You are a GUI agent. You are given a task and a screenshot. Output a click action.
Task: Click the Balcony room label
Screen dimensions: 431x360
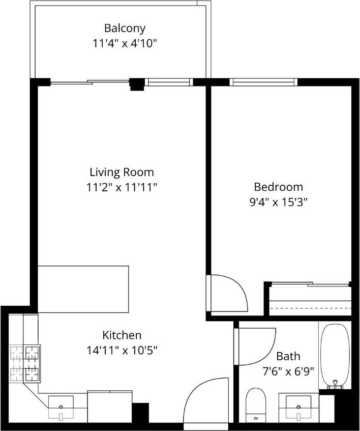pyautogui.click(x=125, y=28)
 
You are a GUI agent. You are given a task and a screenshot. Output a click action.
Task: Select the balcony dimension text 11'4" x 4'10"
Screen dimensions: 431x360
pyautogui.click(x=125, y=43)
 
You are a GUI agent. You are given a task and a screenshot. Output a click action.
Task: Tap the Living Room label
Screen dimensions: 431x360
pyautogui.click(x=122, y=172)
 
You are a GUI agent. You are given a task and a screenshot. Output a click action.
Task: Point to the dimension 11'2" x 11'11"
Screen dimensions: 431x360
pyautogui.click(x=122, y=187)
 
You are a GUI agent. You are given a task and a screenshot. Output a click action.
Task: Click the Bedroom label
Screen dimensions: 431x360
pyautogui.click(x=278, y=187)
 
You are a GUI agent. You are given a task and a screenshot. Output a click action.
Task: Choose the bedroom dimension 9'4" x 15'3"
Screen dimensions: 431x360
pyautogui.click(x=278, y=202)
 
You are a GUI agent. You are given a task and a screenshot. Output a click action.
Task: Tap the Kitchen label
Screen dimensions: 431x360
pyautogui.click(x=122, y=335)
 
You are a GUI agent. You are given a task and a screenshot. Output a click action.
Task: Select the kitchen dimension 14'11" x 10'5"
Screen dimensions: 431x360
pyautogui.click(x=122, y=350)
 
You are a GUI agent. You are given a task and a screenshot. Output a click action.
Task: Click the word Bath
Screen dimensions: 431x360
pyautogui.click(x=288, y=356)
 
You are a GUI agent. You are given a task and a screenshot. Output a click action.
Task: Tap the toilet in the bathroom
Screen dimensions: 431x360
pyautogui.click(x=256, y=404)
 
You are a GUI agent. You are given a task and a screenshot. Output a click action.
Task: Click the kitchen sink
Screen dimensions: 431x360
pyautogui.click(x=61, y=407)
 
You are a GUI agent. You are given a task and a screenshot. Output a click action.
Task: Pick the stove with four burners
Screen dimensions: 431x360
pyautogui.click(x=25, y=363)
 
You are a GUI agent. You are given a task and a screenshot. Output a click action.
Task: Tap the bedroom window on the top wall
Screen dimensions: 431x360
pyautogui.click(x=262, y=82)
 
